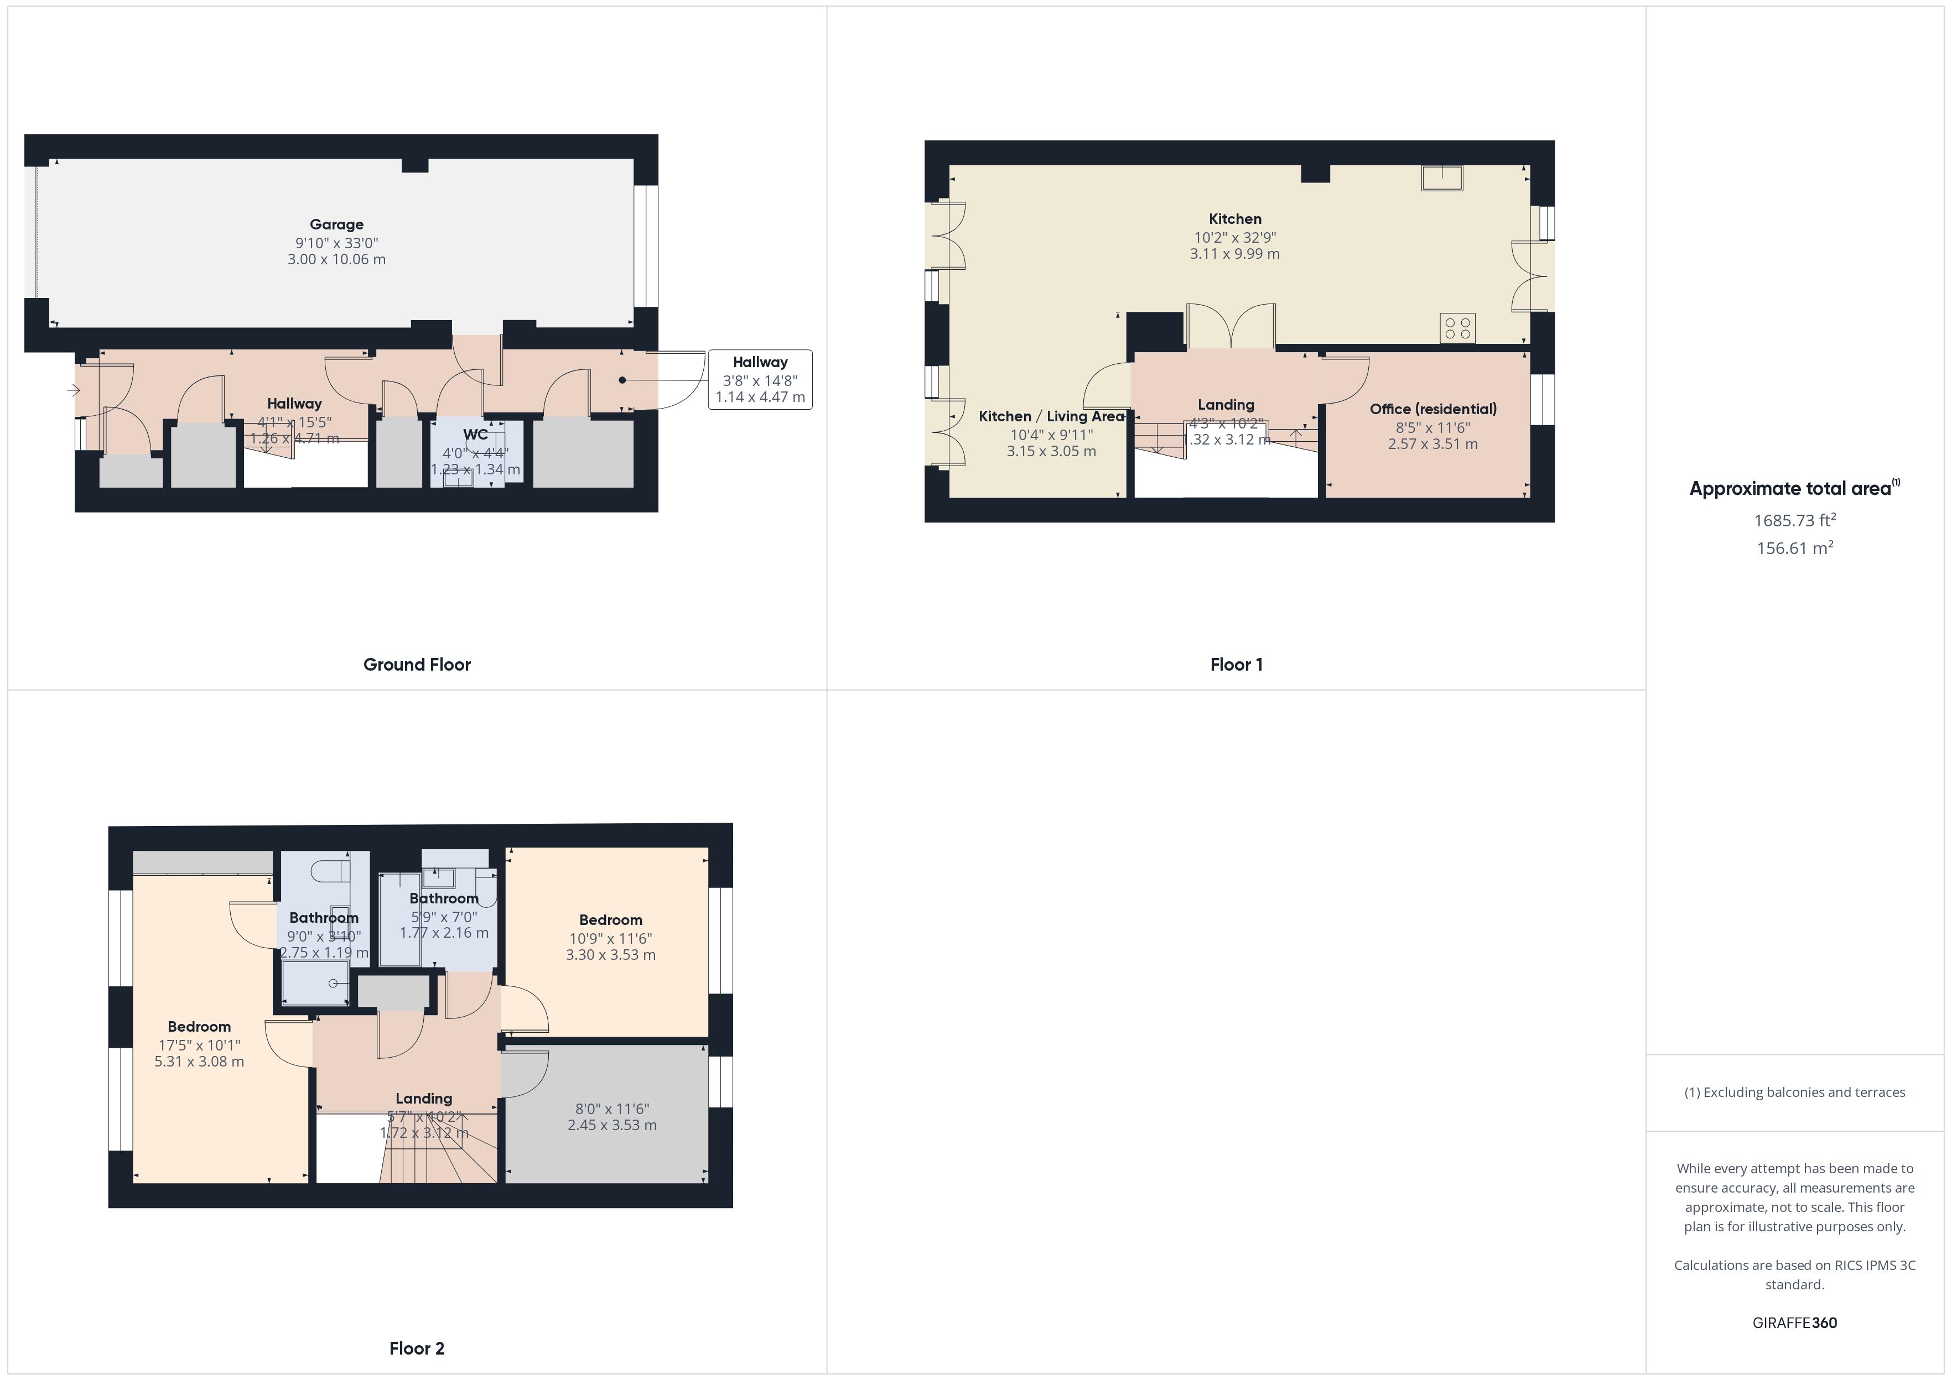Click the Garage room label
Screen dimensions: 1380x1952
click(x=336, y=224)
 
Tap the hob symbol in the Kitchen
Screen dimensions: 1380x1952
click(x=1457, y=328)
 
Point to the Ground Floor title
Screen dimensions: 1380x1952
click(x=417, y=665)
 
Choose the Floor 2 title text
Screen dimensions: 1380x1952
click(x=417, y=1348)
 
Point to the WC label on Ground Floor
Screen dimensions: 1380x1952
click(x=475, y=434)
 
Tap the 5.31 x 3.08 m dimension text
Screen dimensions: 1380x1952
click(x=199, y=1062)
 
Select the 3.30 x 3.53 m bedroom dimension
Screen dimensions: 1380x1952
click(x=610, y=954)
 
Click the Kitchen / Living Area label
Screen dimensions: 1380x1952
click(x=1051, y=416)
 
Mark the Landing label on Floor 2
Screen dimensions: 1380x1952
click(x=423, y=1098)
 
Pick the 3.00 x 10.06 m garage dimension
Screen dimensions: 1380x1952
click(x=336, y=259)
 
